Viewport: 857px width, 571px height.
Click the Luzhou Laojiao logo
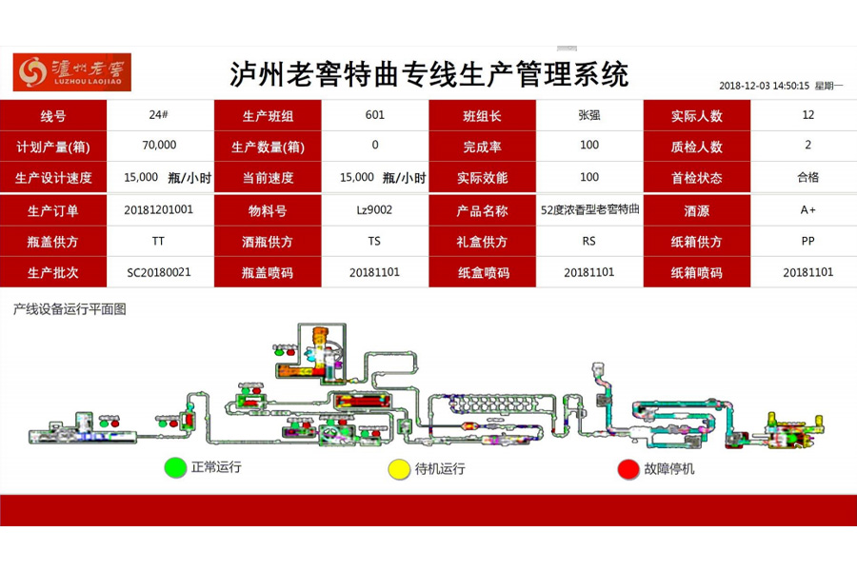click(72, 72)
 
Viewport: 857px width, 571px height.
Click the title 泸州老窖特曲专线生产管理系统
click(429, 74)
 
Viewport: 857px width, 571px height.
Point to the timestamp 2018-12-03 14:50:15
click(764, 86)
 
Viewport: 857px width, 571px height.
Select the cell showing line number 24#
click(159, 115)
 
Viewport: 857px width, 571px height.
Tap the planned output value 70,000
click(159, 146)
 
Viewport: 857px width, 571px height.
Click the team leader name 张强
click(589, 115)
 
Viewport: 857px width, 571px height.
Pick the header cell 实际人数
click(697, 116)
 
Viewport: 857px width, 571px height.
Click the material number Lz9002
click(374, 209)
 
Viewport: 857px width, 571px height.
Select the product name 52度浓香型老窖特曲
click(589, 209)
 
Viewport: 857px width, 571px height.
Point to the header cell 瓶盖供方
click(53, 242)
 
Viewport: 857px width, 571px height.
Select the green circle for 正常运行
click(174, 468)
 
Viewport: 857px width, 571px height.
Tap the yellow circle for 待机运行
click(398, 469)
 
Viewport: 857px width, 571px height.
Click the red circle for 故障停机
click(628, 469)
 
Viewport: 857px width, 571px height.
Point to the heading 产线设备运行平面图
click(70, 308)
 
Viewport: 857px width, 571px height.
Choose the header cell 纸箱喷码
click(697, 273)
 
